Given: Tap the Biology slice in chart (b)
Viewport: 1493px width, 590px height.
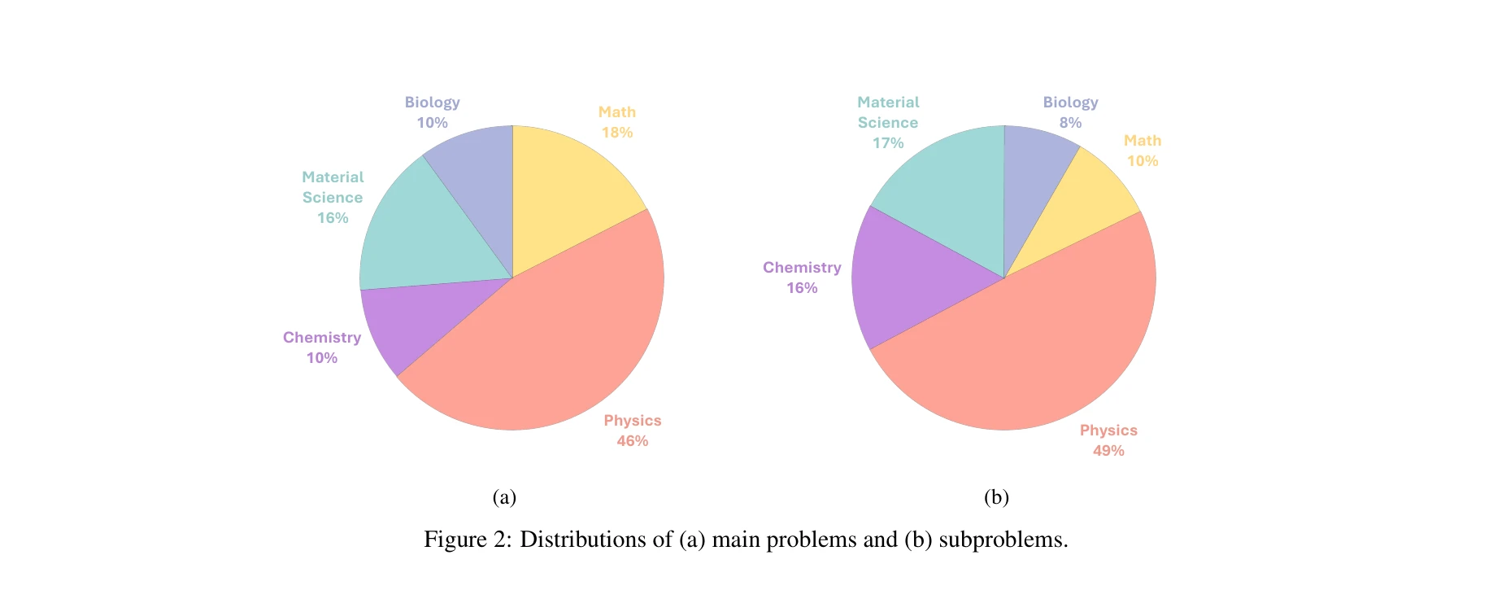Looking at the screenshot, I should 1033,179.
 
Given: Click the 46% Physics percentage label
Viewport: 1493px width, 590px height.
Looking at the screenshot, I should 632,441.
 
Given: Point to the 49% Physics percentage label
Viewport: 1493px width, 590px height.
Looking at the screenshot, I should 1108,451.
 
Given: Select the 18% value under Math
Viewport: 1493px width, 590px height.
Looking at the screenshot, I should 617,133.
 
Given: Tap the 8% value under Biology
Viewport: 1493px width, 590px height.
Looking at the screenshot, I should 1070,123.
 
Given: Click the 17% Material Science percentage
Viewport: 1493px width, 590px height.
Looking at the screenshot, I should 888,143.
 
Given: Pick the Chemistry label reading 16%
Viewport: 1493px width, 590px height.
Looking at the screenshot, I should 802,288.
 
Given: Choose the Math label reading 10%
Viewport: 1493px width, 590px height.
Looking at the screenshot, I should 1142,161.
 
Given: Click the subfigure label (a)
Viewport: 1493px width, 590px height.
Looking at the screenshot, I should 504,497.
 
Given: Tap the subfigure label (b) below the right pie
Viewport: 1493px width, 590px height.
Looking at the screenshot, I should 996,497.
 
